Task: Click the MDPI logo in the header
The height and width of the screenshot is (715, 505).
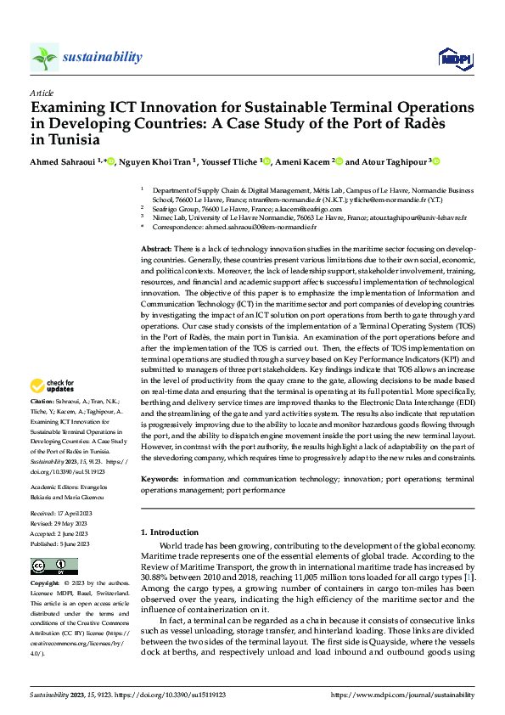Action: click(x=454, y=58)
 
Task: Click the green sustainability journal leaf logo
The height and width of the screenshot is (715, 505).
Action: click(x=44, y=58)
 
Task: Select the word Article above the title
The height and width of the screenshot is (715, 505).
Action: click(x=42, y=93)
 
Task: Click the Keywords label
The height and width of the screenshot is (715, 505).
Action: click(x=160, y=480)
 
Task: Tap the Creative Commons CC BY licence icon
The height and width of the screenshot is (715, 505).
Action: click(x=53, y=566)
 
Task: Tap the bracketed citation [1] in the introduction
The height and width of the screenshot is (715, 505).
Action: click(x=469, y=577)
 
